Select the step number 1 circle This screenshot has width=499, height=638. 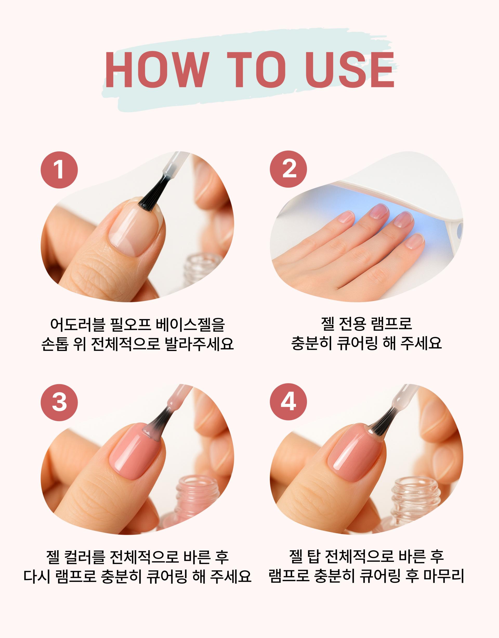click(59, 170)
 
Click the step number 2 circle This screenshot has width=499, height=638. click(288, 170)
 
